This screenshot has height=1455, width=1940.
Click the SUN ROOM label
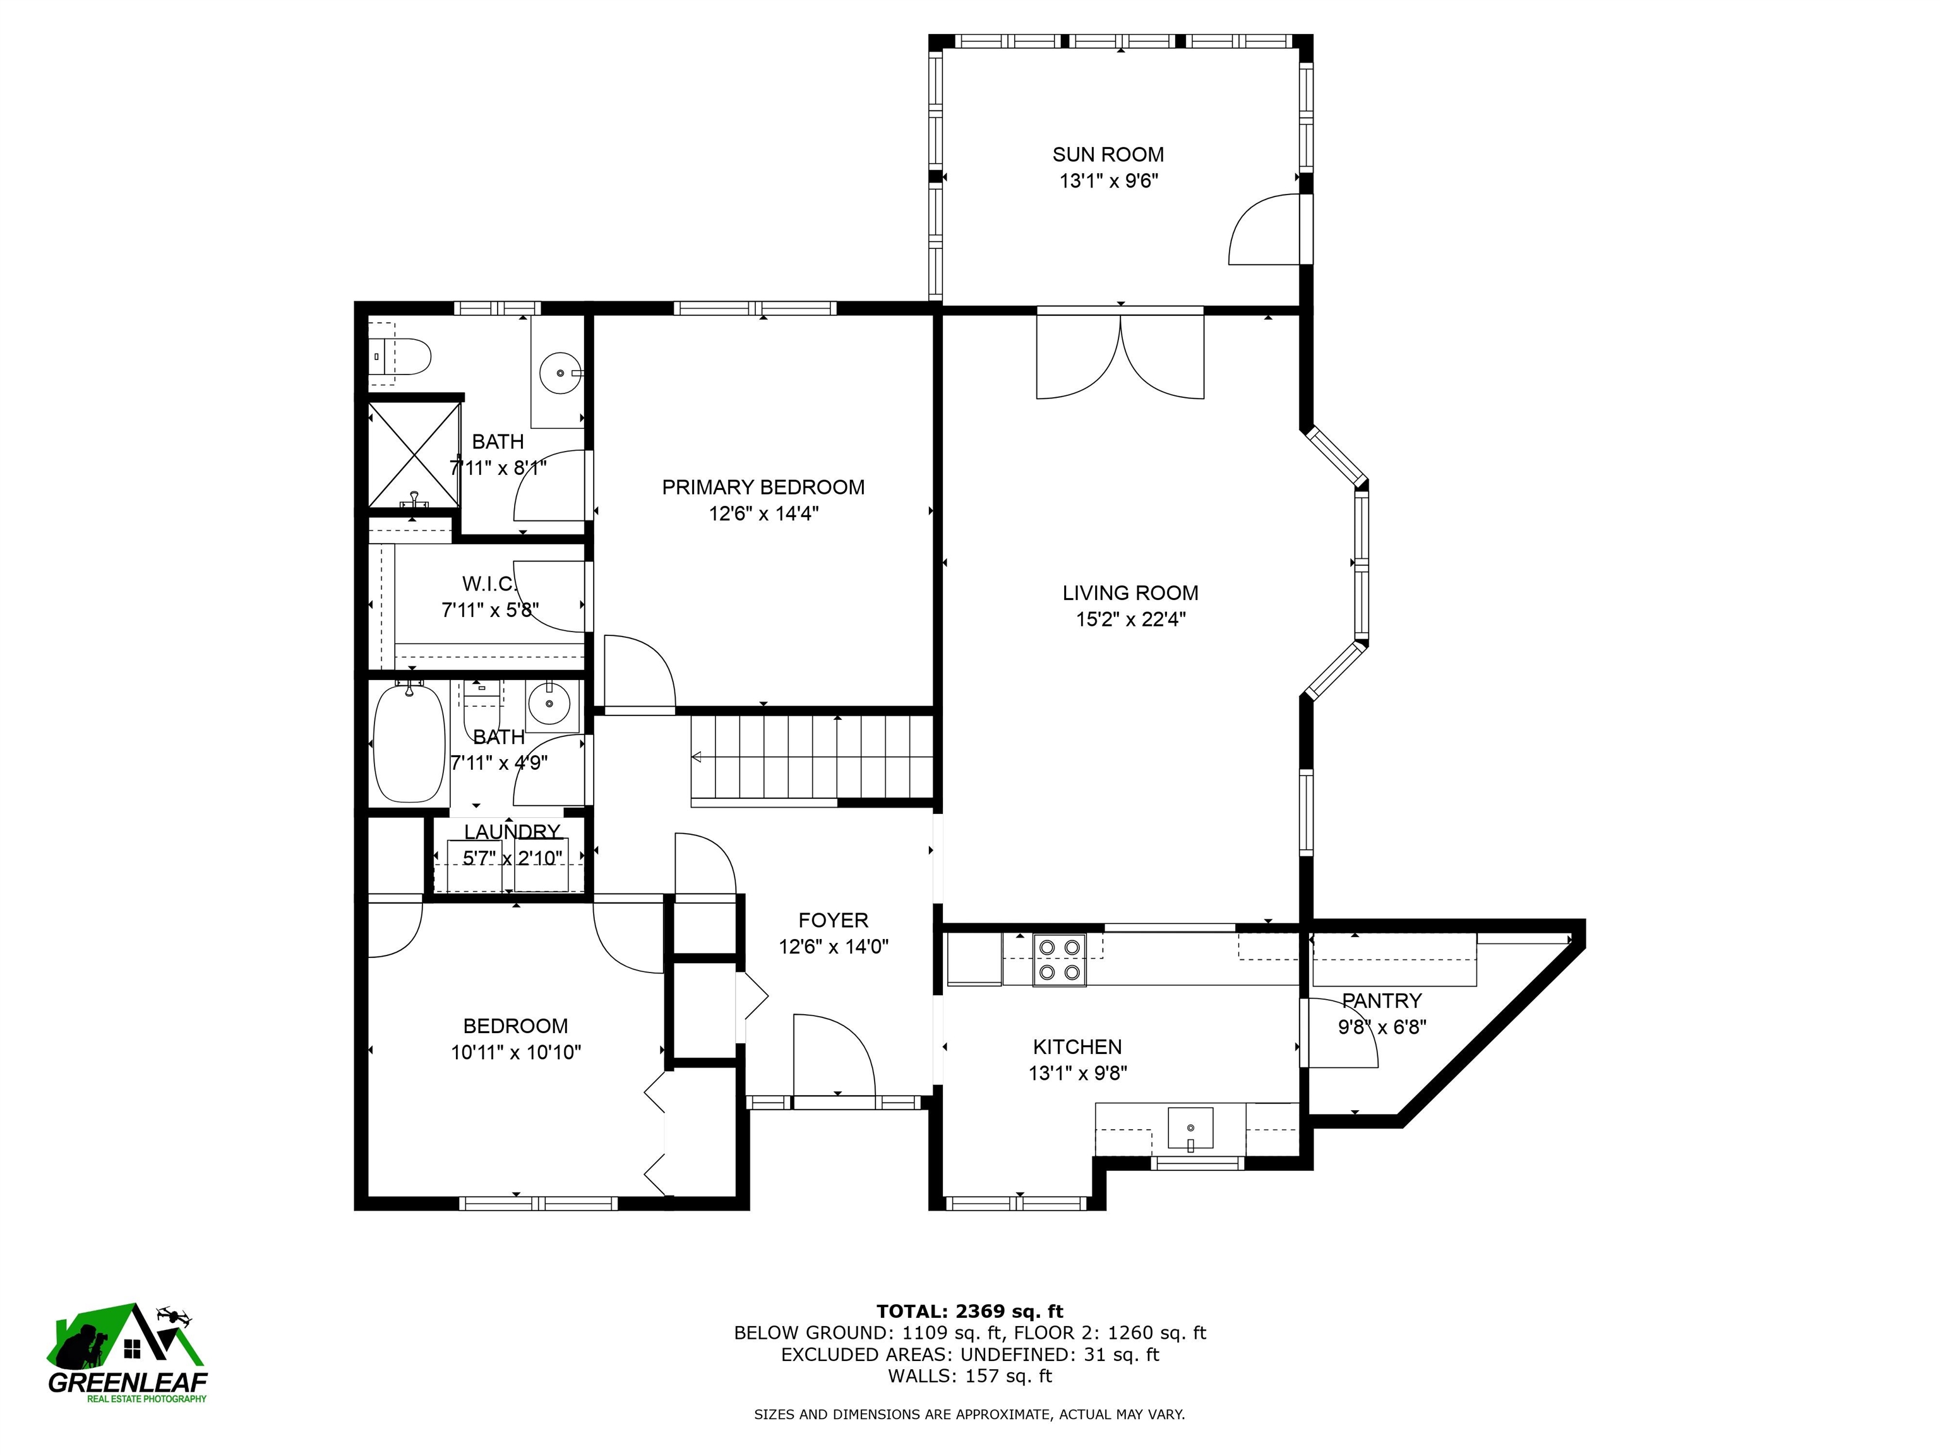1108,154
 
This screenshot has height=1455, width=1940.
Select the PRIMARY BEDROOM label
763,488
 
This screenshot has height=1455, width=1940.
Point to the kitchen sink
1190,1128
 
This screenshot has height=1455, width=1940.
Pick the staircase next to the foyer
811,760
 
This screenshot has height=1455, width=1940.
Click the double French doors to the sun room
1120,355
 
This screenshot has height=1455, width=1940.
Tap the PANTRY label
1381,1001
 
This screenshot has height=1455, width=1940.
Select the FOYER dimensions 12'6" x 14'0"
833,947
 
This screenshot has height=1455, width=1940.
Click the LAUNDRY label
512,832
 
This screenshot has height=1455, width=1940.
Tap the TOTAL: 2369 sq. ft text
969,1311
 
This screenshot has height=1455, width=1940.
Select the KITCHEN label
1077,1047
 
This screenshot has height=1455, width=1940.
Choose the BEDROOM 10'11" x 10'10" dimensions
516,1053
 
